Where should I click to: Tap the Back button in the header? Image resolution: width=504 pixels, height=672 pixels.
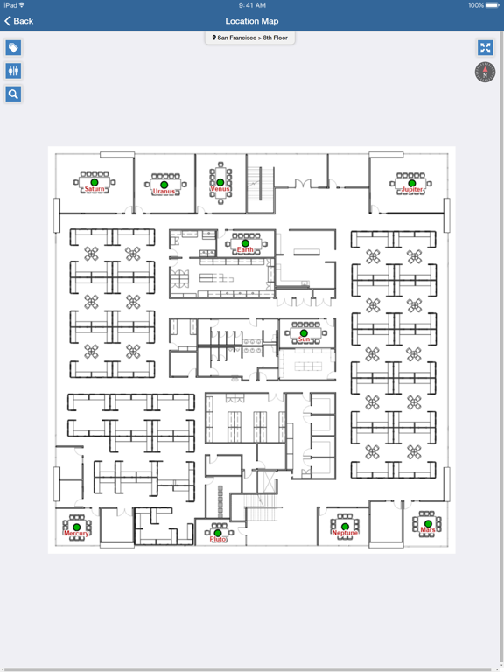pos(19,21)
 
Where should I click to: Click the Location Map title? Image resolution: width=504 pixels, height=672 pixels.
pos(252,21)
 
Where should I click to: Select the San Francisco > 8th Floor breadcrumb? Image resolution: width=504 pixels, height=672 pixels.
pos(250,38)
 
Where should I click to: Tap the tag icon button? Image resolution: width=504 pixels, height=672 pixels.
pos(13,47)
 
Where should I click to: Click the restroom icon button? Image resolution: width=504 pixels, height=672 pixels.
pos(13,71)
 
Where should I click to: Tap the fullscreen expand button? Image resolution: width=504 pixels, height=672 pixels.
pos(485,47)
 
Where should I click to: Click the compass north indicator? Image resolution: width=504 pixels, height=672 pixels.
pos(485,72)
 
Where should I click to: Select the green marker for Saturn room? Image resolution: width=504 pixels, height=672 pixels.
pos(94,183)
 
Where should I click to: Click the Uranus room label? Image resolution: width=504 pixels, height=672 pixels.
pos(164,191)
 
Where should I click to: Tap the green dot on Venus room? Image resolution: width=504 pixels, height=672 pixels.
pos(220,183)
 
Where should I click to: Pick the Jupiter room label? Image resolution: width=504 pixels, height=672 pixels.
pos(412,189)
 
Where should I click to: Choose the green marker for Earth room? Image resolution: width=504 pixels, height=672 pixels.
pos(245,243)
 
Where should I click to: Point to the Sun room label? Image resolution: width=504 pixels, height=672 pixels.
pos(304,339)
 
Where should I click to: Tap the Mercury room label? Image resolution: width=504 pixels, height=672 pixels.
pos(76,534)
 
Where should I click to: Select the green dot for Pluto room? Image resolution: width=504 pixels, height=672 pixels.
pos(218,533)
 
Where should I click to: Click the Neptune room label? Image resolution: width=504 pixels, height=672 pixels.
pos(345,533)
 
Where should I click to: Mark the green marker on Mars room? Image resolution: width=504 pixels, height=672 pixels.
pos(428,524)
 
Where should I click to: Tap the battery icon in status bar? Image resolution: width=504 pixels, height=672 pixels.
pos(493,5)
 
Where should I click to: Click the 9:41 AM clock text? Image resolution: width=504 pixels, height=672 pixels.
pos(252,5)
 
